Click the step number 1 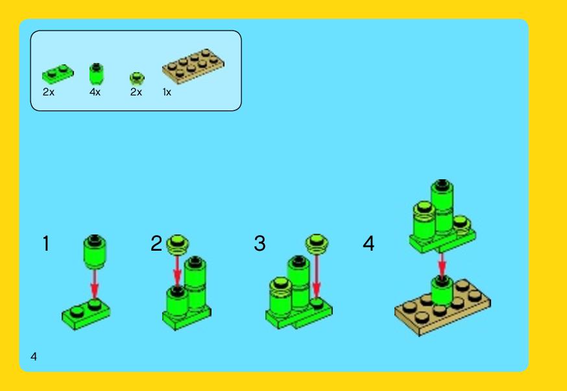(46, 244)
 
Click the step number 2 (156, 244)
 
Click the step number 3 (259, 244)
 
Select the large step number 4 (368, 244)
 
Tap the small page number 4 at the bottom (34, 357)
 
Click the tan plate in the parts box (193, 66)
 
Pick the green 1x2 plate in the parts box (58, 74)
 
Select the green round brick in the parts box (97, 73)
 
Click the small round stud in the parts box (137, 78)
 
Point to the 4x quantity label (95, 92)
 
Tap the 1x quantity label (167, 92)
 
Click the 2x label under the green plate (49, 92)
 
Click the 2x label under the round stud (136, 92)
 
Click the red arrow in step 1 (94, 284)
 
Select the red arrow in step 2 (177, 272)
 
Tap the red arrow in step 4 (442, 266)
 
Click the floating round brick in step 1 (95, 252)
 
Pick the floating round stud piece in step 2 (177, 245)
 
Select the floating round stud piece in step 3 (317, 244)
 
